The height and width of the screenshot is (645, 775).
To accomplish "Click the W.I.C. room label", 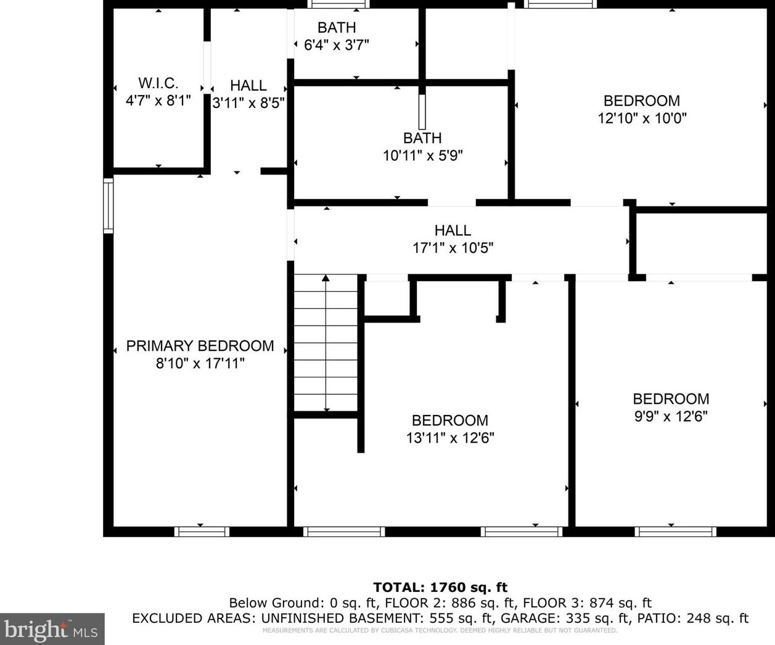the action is click(x=158, y=83).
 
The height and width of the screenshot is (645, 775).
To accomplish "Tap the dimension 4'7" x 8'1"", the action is click(x=158, y=101).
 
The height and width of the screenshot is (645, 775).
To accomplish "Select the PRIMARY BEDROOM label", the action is click(x=200, y=346).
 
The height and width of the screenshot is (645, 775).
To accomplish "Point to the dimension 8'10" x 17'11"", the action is click(x=200, y=363).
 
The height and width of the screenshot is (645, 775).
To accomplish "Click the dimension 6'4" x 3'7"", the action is click(x=337, y=45).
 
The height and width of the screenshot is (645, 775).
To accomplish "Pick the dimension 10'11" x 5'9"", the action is click(x=423, y=155).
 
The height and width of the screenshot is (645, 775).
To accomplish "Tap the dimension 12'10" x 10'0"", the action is click(x=642, y=118).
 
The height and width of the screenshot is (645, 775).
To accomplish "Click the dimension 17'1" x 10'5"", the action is click(x=453, y=247).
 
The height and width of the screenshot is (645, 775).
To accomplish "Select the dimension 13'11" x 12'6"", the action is click(x=450, y=438).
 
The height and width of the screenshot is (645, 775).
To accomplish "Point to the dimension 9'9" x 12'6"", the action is click(x=671, y=416).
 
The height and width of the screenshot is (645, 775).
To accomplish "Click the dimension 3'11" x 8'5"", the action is click(x=248, y=102).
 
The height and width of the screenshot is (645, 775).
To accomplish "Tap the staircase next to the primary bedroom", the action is click(x=326, y=342).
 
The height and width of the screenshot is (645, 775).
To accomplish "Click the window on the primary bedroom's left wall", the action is click(x=108, y=206).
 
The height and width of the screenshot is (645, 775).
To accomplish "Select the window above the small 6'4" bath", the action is click(x=339, y=4).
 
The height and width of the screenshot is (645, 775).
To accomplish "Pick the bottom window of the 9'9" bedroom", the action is click(x=676, y=532).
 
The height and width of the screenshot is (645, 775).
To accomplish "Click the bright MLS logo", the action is click(x=52, y=630).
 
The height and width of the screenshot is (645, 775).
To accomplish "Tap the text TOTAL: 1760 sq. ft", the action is click(x=440, y=587).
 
